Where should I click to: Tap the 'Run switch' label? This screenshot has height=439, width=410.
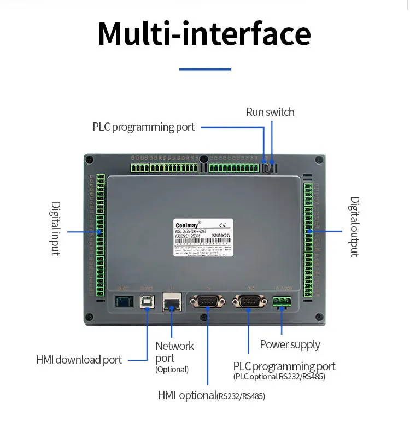270,112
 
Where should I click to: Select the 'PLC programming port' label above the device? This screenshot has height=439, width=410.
143,127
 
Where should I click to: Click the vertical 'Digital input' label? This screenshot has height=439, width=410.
56,229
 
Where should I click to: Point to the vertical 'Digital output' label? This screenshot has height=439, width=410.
355,227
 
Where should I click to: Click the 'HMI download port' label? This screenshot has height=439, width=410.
79,360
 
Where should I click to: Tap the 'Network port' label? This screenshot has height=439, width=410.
174,352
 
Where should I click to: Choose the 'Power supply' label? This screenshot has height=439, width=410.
290,344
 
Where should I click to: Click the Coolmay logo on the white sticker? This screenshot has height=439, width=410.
185,224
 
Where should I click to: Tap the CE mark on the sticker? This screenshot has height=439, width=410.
222,224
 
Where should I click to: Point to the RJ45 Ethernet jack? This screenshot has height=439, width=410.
171,301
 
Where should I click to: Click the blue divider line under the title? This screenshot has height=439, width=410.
205,69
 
